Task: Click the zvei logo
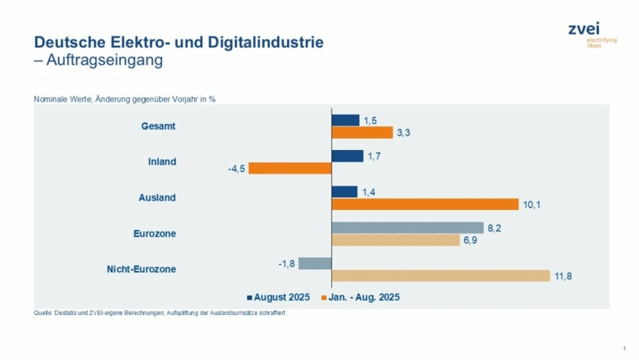(583, 30)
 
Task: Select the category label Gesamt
(158, 126)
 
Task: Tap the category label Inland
(161, 161)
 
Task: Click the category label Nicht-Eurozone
(143, 269)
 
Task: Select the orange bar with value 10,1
(425, 204)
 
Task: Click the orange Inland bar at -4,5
(290, 168)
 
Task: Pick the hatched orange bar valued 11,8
(440, 276)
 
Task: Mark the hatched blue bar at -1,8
(315, 263)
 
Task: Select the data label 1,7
(374, 156)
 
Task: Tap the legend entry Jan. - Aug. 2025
(364, 297)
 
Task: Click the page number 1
(624, 348)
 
